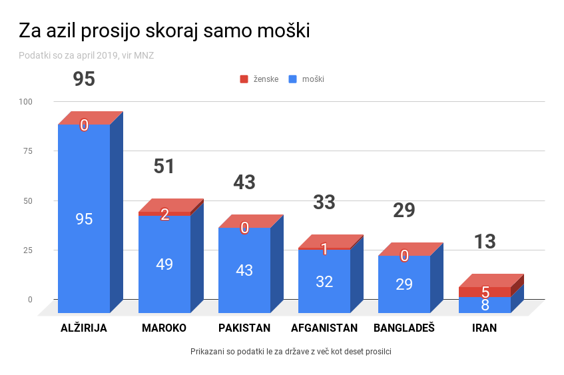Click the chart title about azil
[164, 31]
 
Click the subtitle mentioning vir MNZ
[87, 55]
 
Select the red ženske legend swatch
[244, 79]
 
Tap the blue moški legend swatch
[292, 79]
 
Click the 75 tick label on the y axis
[28, 151]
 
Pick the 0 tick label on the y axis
[30, 300]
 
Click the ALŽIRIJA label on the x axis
[83, 328]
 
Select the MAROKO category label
[164, 328]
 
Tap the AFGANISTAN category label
[324, 328]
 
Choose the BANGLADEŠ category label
[404, 328]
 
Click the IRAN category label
[484, 328]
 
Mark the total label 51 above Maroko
[164, 167]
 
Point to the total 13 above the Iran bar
[485, 242]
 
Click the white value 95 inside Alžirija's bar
[84, 219]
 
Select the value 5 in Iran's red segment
[485, 292]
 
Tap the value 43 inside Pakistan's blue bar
[244, 270]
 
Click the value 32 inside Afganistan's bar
[324, 281]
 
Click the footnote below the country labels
[290, 351]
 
